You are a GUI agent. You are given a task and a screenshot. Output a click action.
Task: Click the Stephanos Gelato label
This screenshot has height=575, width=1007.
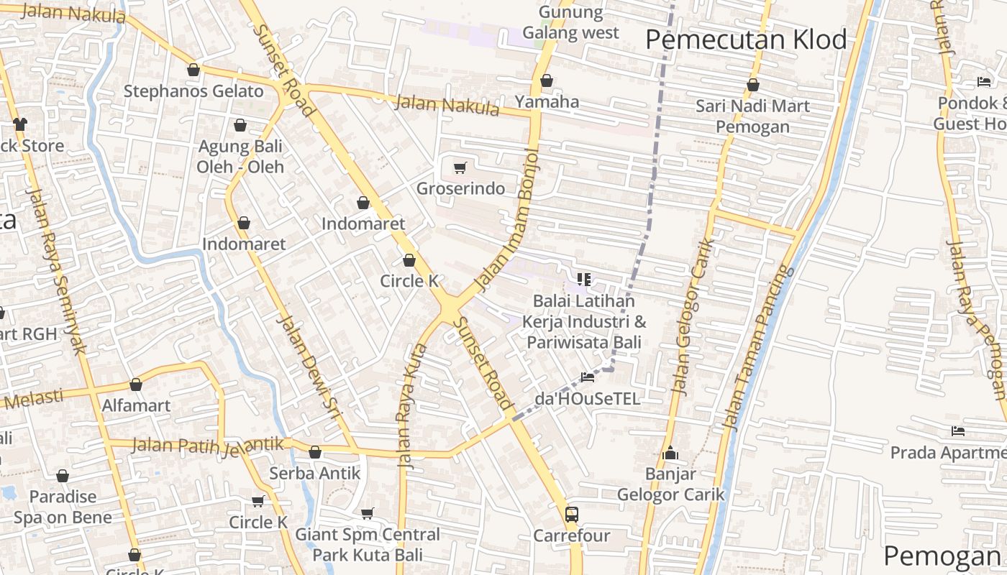(x=193, y=91)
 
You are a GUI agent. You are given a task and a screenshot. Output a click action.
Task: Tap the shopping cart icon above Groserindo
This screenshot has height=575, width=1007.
(x=460, y=168)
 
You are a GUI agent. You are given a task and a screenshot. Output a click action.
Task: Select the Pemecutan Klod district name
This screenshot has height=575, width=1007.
(x=746, y=40)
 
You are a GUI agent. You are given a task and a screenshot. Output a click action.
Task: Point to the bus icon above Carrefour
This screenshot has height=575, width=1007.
(x=572, y=515)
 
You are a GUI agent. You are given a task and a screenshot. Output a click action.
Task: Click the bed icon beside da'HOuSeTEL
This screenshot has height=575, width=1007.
(x=588, y=377)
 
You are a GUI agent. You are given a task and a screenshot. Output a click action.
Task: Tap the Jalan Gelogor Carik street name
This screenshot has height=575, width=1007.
(x=691, y=316)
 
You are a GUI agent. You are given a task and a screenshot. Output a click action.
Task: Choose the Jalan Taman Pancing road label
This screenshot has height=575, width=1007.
(x=757, y=349)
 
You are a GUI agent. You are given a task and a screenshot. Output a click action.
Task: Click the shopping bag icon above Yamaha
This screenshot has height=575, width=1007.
(x=547, y=80)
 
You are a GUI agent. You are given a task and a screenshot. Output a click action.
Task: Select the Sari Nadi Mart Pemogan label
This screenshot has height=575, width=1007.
(x=752, y=116)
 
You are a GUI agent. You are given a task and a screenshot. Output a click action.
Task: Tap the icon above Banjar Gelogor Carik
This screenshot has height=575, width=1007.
(x=670, y=454)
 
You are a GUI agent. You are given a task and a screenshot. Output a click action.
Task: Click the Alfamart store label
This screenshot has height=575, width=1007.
(x=136, y=405)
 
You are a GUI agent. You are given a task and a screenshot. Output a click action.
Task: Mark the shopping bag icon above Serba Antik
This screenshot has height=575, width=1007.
(x=314, y=452)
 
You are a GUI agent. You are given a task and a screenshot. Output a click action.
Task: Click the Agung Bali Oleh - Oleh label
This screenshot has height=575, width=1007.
(x=241, y=157)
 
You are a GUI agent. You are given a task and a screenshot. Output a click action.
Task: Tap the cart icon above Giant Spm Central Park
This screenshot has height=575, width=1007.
(x=368, y=513)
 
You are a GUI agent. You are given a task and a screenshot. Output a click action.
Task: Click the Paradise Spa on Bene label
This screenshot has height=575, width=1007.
(x=63, y=507)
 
